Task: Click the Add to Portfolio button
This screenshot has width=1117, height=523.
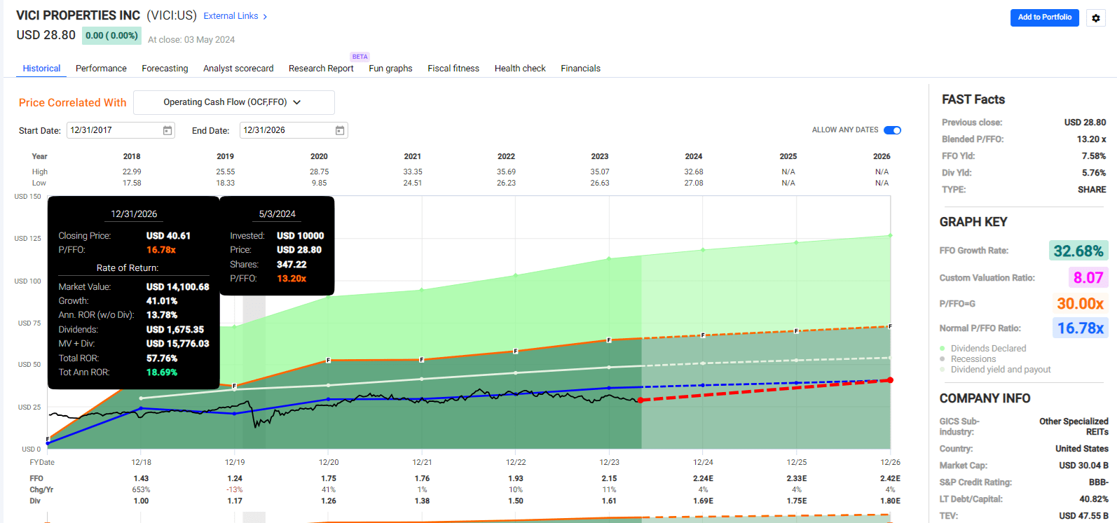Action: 1044,18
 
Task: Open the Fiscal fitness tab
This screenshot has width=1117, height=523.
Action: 453,69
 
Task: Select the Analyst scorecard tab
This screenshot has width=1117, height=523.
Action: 238,69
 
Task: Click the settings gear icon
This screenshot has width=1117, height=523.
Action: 1096,18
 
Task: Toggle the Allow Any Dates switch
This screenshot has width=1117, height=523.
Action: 892,130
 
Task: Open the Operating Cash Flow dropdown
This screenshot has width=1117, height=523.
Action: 233,102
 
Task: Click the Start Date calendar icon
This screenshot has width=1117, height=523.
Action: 167,130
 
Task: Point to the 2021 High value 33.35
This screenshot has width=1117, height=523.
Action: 413,172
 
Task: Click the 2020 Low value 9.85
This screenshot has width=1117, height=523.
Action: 319,183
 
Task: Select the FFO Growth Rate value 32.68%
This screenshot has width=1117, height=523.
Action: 1078,251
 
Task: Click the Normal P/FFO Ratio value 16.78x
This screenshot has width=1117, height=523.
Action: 1080,328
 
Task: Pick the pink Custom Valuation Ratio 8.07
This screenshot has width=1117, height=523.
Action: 1088,277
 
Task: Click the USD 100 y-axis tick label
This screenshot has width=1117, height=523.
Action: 27,281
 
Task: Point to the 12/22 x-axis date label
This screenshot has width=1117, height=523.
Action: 516,462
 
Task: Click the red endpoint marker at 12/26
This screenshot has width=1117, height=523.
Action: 890,380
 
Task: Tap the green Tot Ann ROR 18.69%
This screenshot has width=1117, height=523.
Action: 162,372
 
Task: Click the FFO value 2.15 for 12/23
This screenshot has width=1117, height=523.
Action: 609,478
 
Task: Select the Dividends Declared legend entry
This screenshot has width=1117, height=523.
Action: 988,348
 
